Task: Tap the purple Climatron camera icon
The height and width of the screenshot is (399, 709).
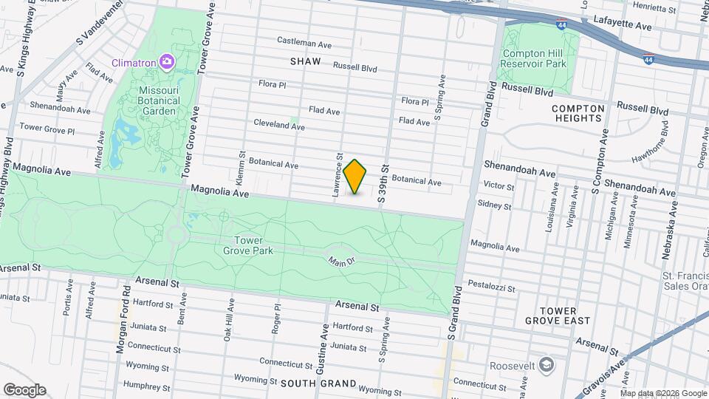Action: (x=167, y=61)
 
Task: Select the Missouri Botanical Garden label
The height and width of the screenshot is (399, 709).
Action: (x=148, y=100)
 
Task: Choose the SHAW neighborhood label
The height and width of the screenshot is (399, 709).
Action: (x=306, y=61)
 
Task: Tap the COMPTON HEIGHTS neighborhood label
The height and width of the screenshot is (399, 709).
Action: (x=578, y=113)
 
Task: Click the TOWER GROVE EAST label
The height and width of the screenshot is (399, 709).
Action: (x=558, y=316)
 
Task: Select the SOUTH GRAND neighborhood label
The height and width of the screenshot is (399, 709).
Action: (x=319, y=383)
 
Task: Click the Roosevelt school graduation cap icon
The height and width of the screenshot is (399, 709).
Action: (x=545, y=365)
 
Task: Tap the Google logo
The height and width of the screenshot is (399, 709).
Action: (x=24, y=389)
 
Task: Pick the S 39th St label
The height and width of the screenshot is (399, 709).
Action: (x=383, y=183)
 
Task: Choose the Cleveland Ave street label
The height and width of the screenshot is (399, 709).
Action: (x=278, y=125)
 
